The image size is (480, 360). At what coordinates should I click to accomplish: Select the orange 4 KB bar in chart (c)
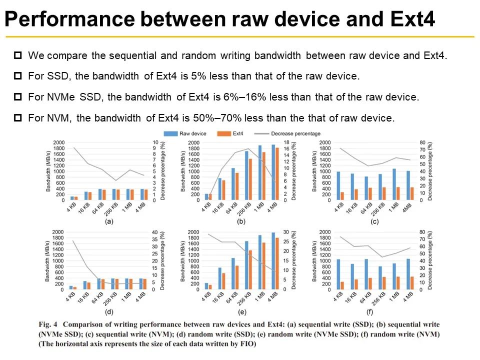[x=342, y=196]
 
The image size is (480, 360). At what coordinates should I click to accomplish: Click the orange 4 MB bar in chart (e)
[x=277, y=263]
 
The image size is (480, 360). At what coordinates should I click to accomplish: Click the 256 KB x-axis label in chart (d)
[x=116, y=299]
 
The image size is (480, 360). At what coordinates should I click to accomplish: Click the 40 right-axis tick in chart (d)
[x=154, y=232]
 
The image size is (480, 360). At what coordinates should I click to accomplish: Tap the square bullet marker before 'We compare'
[x=18, y=54]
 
